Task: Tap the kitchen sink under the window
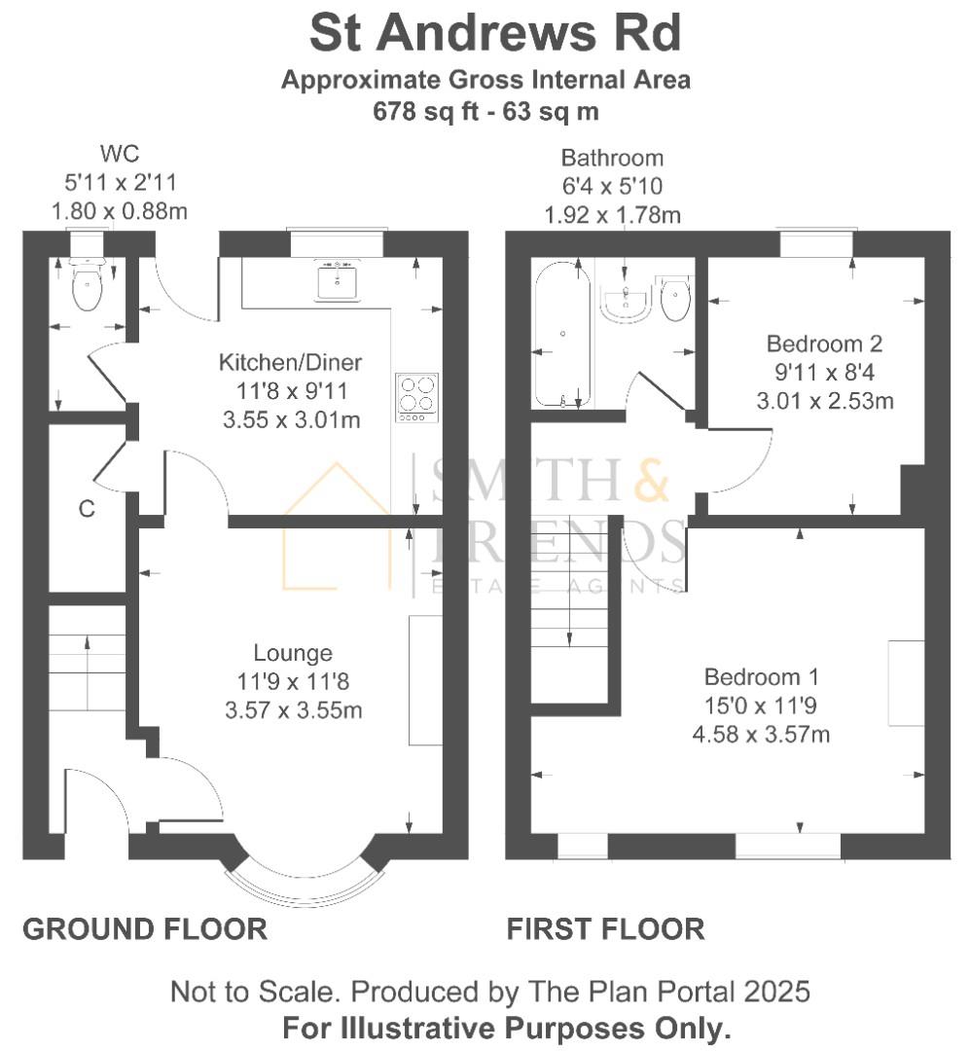(338, 280)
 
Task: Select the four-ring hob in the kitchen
(417, 397)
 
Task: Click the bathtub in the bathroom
(561, 334)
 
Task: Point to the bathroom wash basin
(626, 303)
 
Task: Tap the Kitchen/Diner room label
(290, 362)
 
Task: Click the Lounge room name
(293, 652)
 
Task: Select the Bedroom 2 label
(824, 344)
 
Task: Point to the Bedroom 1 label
(761, 676)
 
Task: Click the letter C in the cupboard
(87, 509)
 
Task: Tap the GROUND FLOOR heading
(145, 929)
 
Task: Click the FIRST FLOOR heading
(605, 929)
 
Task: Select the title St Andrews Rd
(495, 33)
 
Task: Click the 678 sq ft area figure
(426, 111)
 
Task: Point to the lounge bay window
(297, 886)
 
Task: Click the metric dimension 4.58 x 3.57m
(761, 734)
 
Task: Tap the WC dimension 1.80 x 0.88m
(120, 211)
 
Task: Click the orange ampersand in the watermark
(651, 478)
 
